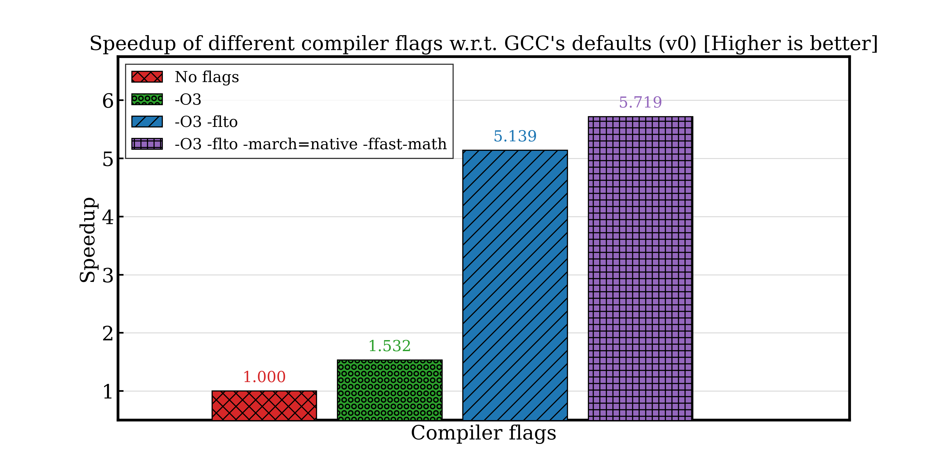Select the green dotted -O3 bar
(390, 390)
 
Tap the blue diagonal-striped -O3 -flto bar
(515, 285)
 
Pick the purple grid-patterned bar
(640, 268)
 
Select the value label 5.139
(515, 136)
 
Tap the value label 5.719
(640, 102)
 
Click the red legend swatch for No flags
(147, 77)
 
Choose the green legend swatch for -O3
(147, 99)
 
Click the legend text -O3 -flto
(206, 122)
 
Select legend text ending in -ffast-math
(310, 144)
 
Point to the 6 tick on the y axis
(108, 100)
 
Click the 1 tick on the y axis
(108, 391)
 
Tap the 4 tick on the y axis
(108, 217)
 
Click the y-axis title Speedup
(88, 240)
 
